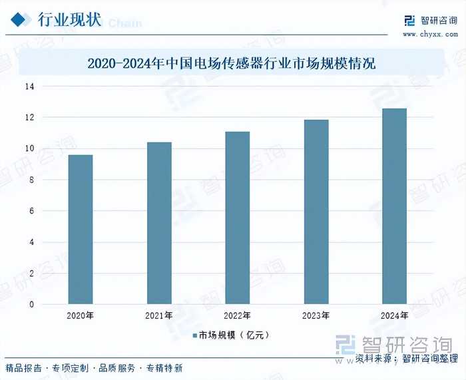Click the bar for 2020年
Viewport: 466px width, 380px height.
pyautogui.click(x=80, y=230)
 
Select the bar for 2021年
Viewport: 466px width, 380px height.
pyautogui.click(x=159, y=223)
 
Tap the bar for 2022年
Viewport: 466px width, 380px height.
pyautogui.click(x=237, y=218)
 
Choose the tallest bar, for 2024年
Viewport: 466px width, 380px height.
pyautogui.click(x=394, y=206)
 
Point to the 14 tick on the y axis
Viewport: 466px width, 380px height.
pyautogui.click(x=30, y=87)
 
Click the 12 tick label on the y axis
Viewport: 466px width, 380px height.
pyautogui.click(x=30, y=118)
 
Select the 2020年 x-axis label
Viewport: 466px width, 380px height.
pyautogui.click(x=80, y=315)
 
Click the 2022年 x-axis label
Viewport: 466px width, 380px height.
pyautogui.click(x=237, y=315)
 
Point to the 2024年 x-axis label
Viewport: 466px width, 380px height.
pyautogui.click(x=394, y=315)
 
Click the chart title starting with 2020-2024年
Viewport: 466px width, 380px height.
pyautogui.click(x=232, y=65)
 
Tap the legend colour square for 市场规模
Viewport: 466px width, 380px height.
pyautogui.click(x=195, y=335)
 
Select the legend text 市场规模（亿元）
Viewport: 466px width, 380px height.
pyautogui.click(x=234, y=335)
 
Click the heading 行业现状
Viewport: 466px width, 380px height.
pyautogui.click(x=69, y=20)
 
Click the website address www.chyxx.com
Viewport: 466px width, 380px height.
pyautogui.click(x=429, y=33)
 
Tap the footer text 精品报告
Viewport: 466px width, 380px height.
pyautogui.click(x=24, y=368)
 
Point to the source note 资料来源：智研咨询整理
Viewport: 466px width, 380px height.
pyautogui.click(x=407, y=359)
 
